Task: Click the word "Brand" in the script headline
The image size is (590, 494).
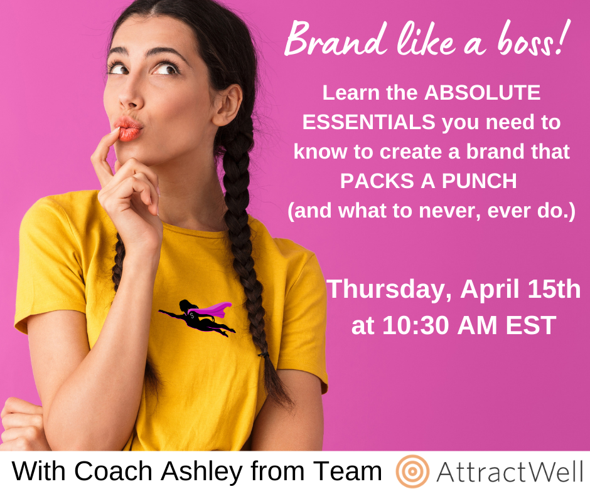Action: point(335,39)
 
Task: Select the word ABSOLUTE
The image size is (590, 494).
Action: point(483,93)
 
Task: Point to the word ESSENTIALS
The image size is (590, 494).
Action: point(369,122)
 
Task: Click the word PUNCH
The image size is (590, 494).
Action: point(479,181)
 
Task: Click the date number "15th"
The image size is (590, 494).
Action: point(554,289)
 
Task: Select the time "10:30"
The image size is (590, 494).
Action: point(416,325)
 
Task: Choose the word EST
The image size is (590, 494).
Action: point(531,325)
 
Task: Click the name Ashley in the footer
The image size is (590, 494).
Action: point(202,471)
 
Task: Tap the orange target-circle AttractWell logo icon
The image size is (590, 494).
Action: point(413,471)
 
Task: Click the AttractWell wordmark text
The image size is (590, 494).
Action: point(510,471)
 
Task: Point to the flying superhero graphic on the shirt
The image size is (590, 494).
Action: point(197,318)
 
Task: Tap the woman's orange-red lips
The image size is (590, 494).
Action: point(128,129)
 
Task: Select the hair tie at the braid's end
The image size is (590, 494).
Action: point(264,354)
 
